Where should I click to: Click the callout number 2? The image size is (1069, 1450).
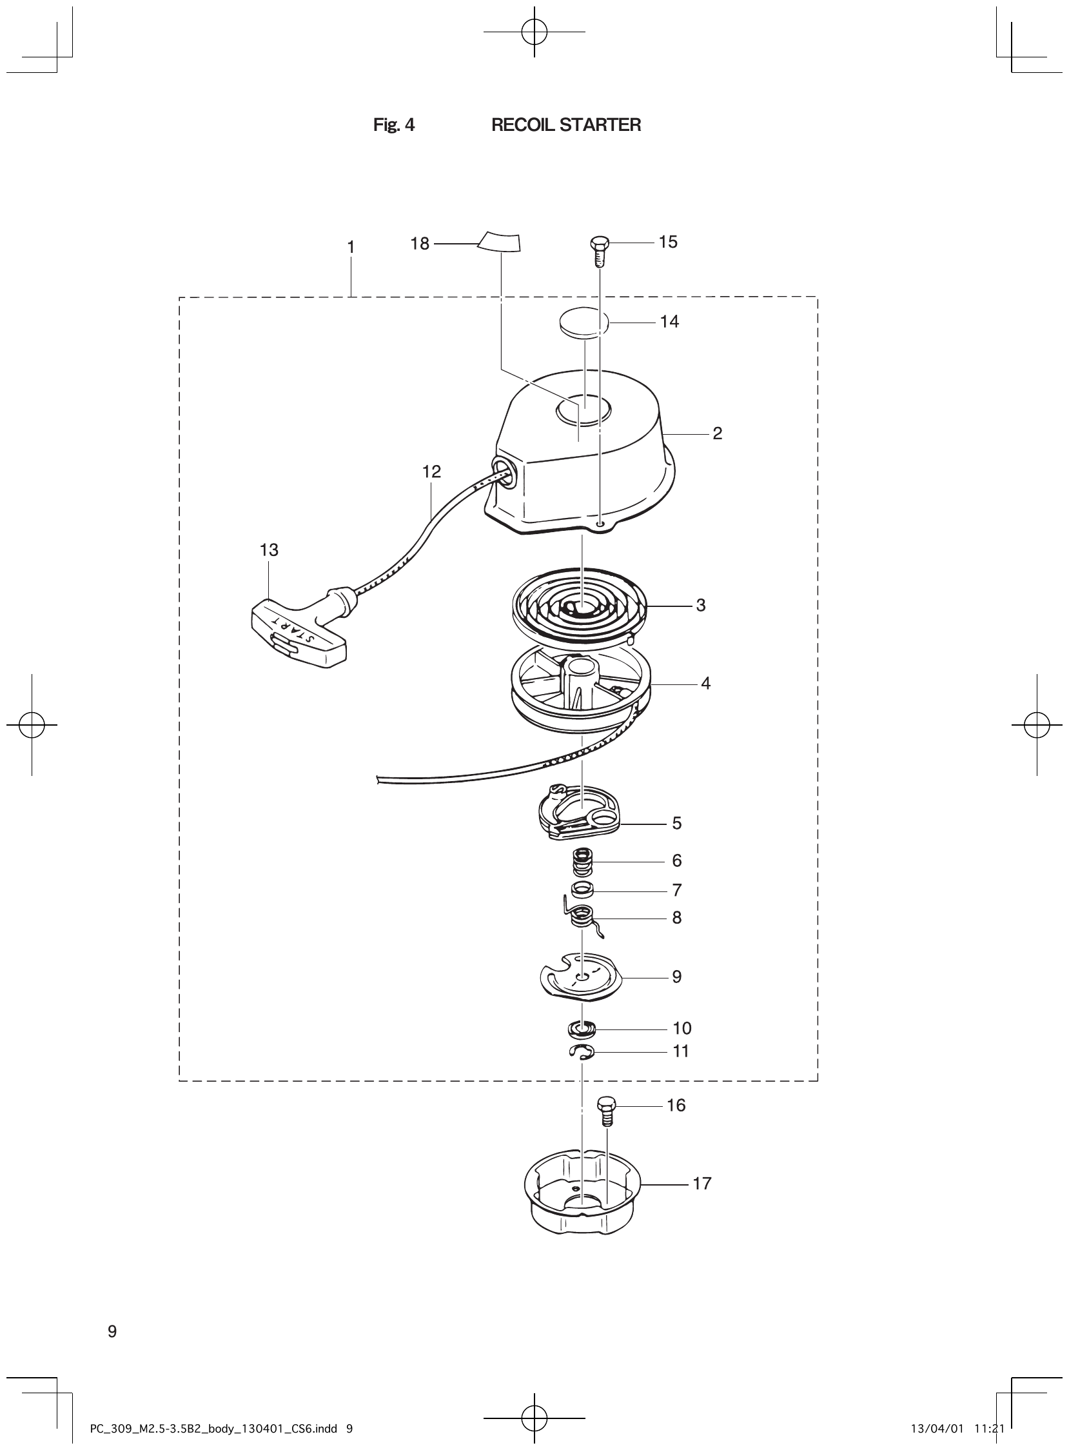coord(717,433)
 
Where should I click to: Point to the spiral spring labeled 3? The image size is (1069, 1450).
coord(579,604)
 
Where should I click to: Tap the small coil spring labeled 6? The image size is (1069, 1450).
coord(583,862)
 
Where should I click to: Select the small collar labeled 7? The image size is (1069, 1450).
coord(583,891)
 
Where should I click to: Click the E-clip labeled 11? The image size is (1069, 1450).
coord(582,1052)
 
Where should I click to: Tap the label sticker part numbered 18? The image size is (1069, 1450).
coord(500,241)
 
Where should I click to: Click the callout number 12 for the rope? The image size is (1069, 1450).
coord(431,472)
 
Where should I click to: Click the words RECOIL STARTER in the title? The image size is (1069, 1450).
coord(566,125)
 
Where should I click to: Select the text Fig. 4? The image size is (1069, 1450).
coord(394,125)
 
